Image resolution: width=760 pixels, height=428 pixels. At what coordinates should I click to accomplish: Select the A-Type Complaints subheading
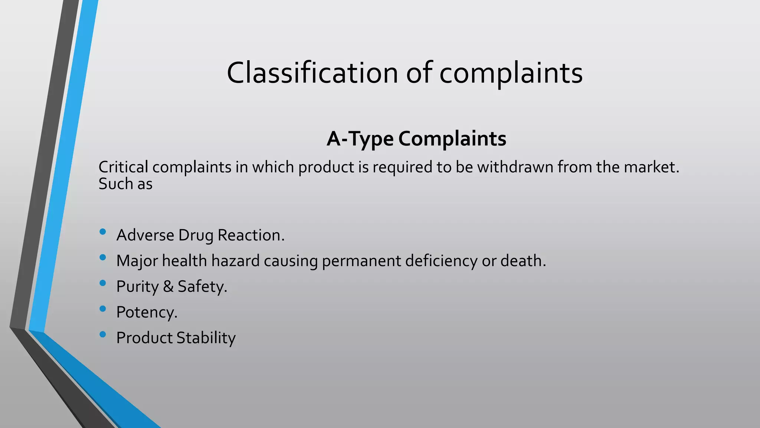coord(416,139)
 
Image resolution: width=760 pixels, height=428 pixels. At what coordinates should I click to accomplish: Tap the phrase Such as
coord(125,184)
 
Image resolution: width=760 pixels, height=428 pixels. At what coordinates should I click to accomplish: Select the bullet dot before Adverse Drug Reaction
coord(103,232)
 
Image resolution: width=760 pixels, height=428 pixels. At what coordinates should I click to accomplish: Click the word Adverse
coord(145,235)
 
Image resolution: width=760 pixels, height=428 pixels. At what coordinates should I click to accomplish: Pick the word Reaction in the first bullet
coord(251,235)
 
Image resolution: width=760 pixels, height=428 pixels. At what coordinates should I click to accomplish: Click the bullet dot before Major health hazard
coord(103,257)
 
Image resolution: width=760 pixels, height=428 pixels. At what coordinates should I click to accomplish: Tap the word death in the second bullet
coord(522,261)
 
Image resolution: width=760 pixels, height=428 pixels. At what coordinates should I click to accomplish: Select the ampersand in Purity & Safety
coord(168,286)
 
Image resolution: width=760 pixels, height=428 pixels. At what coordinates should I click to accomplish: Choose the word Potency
coord(146,312)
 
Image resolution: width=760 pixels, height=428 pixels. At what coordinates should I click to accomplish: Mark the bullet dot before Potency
coord(103,309)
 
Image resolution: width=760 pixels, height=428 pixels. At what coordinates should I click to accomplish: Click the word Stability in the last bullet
coord(206,338)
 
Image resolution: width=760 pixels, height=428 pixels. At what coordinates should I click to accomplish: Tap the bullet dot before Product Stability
coord(103,334)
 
